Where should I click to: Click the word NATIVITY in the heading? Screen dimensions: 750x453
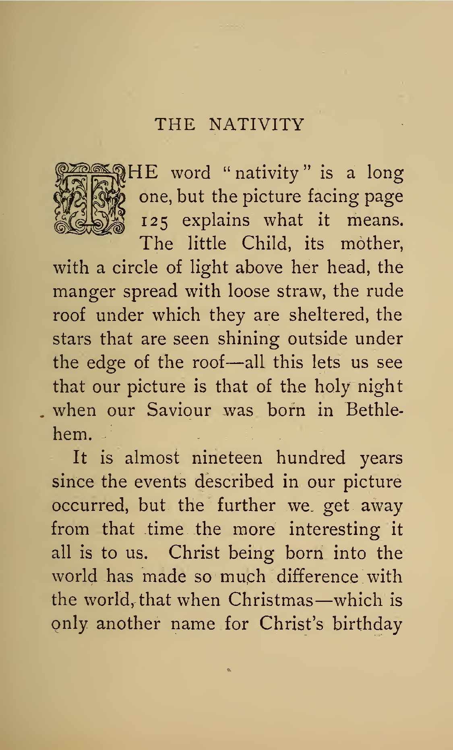[256, 124]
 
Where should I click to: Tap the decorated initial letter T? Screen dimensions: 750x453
[89, 199]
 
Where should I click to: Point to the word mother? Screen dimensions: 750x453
[371, 244]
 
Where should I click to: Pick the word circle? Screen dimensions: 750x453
[135, 268]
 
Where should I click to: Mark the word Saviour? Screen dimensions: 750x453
[178, 410]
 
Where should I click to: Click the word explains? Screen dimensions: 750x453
[216, 221]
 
